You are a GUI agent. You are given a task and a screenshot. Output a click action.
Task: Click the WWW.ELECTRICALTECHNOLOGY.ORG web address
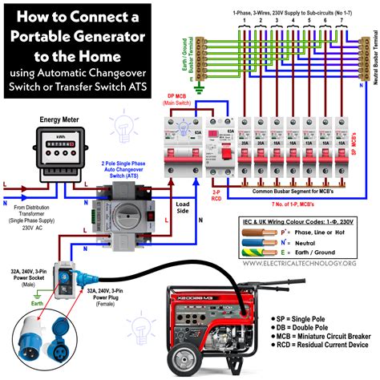[x=297, y=264]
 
